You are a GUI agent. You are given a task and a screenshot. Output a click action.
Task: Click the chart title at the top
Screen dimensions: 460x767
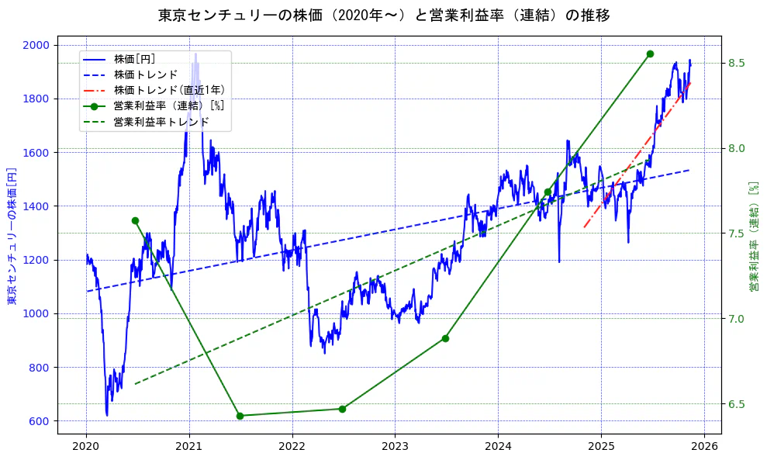click(x=384, y=16)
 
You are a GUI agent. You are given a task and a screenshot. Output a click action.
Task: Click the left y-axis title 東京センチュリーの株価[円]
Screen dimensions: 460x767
click(x=12, y=235)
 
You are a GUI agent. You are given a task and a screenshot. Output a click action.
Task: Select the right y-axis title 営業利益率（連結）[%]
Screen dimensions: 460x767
click(x=753, y=237)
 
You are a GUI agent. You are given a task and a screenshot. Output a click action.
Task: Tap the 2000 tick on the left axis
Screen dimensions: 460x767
click(x=38, y=45)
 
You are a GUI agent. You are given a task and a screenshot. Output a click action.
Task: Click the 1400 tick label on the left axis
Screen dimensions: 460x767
click(x=38, y=206)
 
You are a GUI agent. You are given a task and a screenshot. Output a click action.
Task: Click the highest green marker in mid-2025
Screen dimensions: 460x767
click(x=650, y=54)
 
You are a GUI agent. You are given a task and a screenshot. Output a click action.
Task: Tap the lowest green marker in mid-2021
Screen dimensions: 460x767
click(x=240, y=416)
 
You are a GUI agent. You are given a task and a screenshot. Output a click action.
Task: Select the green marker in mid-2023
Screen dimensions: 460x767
click(x=445, y=338)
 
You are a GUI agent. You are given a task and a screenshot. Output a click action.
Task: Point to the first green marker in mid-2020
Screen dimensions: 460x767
click(x=135, y=220)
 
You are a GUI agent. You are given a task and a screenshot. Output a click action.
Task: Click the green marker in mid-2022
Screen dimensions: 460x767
click(x=342, y=409)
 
